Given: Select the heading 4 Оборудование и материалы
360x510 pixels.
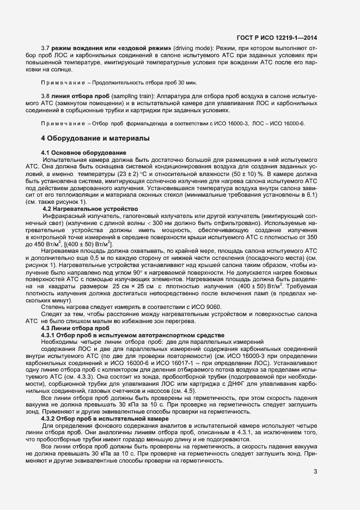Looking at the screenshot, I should coord(95,138).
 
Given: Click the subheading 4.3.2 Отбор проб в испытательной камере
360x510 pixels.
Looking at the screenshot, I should coord(105,403).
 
